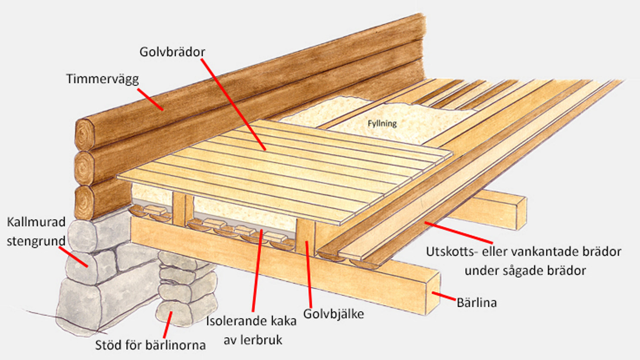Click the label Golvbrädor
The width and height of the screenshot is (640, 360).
(x=172, y=52)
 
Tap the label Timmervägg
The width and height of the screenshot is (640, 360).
(x=102, y=79)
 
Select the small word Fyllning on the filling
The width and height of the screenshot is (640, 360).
(x=382, y=123)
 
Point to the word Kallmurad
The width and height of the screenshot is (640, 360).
(x=36, y=222)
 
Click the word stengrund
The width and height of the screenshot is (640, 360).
(x=36, y=241)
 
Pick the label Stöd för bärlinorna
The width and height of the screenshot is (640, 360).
(x=150, y=345)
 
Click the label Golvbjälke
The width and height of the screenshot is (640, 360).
(x=333, y=314)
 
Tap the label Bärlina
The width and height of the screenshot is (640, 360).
(x=477, y=302)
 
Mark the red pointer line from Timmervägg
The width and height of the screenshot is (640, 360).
(x=150, y=99)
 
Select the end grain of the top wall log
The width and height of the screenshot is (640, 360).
(x=85, y=135)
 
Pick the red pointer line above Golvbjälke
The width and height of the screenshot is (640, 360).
(x=308, y=273)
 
